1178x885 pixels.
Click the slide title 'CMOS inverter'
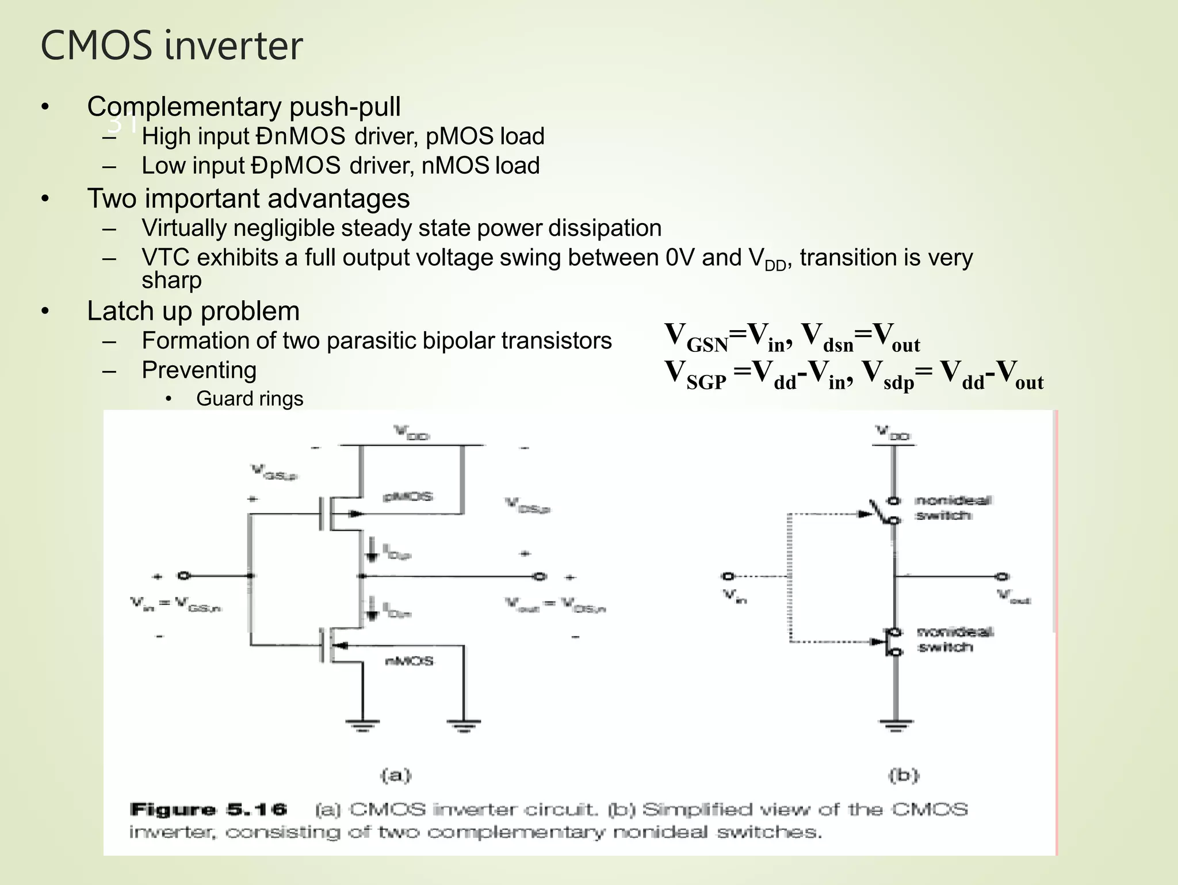(x=171, y=46)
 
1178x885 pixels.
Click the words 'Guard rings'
(x=249, y=399)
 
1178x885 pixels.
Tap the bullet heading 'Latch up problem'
(x=193, y=311)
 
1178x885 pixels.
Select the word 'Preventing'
(x=199, y=370)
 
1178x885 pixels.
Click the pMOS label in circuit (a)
(x=408, y=496)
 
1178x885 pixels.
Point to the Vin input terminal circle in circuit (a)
(x=183, y=576)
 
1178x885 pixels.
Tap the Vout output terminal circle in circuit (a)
(x=540, y=576)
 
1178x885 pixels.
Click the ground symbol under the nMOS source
(x=362, y=725)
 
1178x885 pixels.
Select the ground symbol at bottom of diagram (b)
(x=895, y=725)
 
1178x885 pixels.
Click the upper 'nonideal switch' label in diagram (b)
(x=952, y=508)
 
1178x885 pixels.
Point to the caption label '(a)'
(x=396, y=776)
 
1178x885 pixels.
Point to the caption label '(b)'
(x=904, y=776)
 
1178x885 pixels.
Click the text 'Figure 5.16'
(x=208, y=810)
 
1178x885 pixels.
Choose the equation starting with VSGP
(x=854, y=375)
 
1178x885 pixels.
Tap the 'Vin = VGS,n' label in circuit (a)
(x=176, y=604)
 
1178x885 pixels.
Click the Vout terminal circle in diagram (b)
(x=1003, y=576)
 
